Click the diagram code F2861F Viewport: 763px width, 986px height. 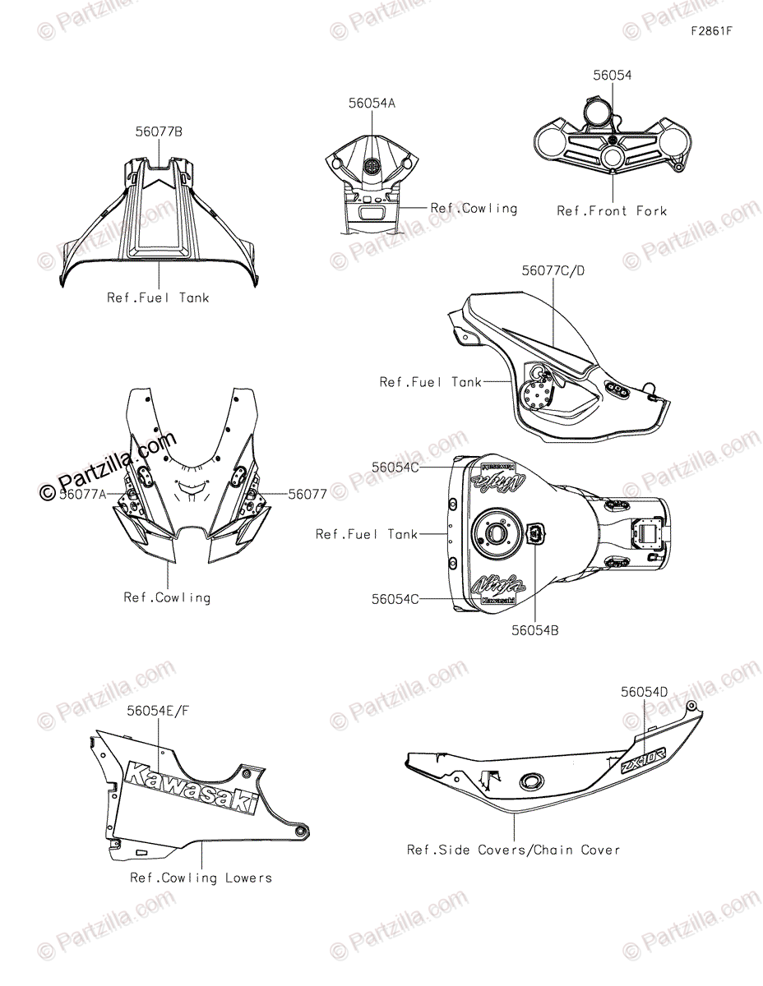pyautogui.click(x=711, y=32)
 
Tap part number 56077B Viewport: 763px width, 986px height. pyautogui.click(x=160, y=131)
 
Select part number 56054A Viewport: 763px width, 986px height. pyautogui.click(x=372, y=104)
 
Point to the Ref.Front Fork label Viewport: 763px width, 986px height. pyautogui.click(x=612, y=211)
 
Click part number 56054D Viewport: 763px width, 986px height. pyautogui.click(x=645, y=693)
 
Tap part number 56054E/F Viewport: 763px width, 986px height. pyautogui.click(x=163, y=708)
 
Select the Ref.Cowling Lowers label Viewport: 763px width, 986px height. pyautogui.click(x=201, y=878)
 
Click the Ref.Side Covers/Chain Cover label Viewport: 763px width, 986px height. pyautogui.click(x=514, y=850)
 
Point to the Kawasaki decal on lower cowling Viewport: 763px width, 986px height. pyautogui.click(x=189, y=786)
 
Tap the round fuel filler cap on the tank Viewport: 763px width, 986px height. pyautogui.click(x=499, y=533)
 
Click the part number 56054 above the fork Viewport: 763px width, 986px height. pyautogui.click(x=613, y=76)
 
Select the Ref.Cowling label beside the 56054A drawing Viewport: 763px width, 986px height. pyautogui.click(x=474, y=209)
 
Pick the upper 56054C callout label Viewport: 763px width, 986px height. pyautogui.click(x=395, y=467)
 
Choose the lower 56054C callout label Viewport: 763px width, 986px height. pyautogui.click(x=395, y=600)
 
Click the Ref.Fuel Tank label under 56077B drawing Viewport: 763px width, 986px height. pyautogui.click(x=158, y=298)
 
